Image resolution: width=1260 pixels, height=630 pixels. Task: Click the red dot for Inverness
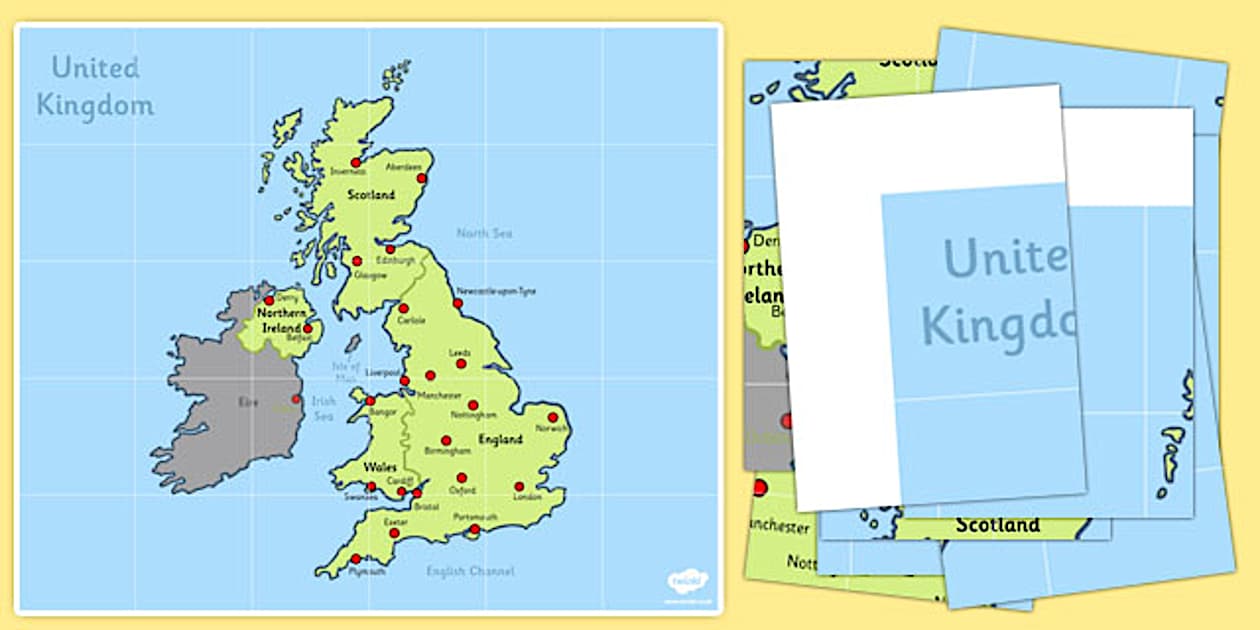355,162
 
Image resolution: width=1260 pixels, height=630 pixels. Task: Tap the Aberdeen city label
404,167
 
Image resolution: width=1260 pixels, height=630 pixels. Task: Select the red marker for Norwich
552,417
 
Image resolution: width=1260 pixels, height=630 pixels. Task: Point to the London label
526,496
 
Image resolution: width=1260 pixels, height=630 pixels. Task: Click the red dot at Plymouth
355,559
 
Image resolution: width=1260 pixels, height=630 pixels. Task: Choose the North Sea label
484,233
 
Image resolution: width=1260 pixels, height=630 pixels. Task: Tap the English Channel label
470,571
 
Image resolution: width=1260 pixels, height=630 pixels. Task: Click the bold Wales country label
379,467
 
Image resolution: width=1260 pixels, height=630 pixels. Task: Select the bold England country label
500,439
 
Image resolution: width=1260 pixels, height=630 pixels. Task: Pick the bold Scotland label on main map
371,195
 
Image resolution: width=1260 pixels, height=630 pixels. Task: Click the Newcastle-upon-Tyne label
496,291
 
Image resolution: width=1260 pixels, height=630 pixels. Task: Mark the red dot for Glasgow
357,261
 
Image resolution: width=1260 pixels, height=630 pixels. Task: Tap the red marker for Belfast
308,327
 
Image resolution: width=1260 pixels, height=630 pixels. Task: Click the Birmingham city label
447,451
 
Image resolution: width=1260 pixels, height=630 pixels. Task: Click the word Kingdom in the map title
95,105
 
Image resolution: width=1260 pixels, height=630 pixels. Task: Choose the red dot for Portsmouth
475,529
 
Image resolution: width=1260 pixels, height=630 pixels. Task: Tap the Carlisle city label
411,320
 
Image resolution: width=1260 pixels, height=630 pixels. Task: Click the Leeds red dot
461,364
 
